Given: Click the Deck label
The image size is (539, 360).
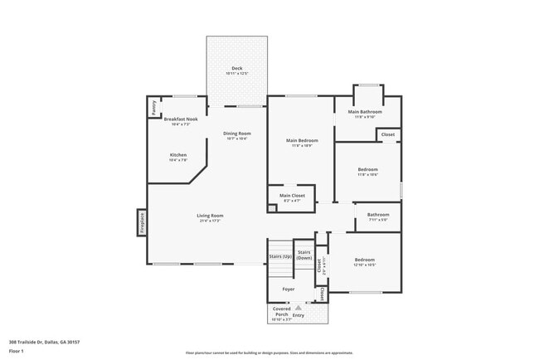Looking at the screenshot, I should click(x=236, y=68).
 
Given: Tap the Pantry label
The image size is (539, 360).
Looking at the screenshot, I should click(x=153, y=108).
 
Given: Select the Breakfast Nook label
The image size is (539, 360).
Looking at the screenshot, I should click(x=181, y=119).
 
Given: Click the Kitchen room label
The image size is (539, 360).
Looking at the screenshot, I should click(x=178, y=155).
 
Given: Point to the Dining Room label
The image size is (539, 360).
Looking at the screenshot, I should click(x=237, y=134).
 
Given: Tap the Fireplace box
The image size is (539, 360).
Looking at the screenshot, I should click(x=142, y=222).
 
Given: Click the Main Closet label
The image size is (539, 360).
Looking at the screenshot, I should click(x=291, y=196).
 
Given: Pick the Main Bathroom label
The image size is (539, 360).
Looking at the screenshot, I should click(x=365, y=112).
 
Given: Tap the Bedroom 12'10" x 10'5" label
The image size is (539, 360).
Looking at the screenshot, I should click(x=365, y=260).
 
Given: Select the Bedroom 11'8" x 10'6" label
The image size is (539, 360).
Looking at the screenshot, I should click(x=367, y=169).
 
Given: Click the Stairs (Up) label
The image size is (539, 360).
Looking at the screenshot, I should click(x=280, y=257).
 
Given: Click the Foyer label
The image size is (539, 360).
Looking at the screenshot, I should click(x=288, y=289).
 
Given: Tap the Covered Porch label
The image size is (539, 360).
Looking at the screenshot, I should click(x=282, y=312).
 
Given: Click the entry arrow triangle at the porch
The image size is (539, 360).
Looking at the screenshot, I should click(x=298, y=308).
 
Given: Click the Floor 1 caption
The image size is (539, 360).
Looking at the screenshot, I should click(x=17, y=351).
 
